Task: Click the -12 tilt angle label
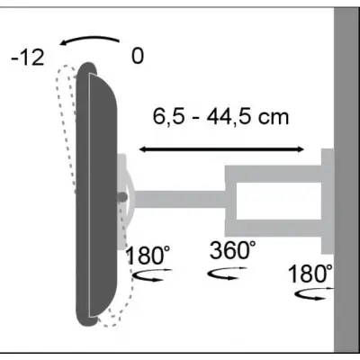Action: tap(28, 58)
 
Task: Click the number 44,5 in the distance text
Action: tap(238, 118)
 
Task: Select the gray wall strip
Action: tap(346, 180)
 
